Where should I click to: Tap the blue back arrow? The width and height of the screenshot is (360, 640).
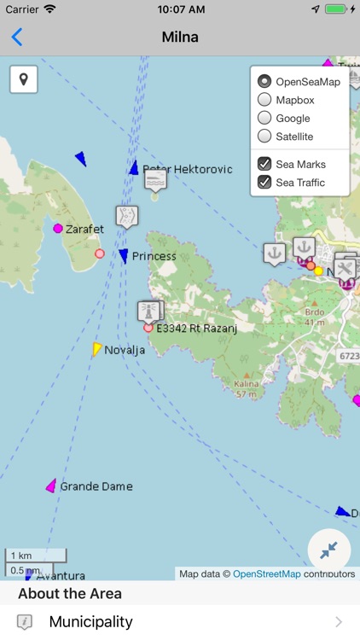(17, 37)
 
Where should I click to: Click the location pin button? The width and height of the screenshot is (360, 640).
(24, 79)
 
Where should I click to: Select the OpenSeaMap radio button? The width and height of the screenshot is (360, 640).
(264, 82)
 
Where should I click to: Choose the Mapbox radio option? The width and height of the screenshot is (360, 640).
(264, 100)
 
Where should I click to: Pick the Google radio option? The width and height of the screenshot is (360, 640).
(264, 119)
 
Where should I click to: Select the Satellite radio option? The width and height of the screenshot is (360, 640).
(264, 137)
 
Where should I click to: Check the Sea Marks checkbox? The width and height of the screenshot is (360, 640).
(264, 164)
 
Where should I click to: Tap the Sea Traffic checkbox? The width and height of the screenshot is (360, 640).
(264, 182)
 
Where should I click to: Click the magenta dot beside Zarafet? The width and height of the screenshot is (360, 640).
(58, 229)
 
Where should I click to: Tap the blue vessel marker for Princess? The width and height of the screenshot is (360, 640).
(124, 256)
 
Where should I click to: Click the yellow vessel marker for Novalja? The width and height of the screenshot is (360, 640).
(97, 348)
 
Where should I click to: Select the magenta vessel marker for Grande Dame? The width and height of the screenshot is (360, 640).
(51, 486)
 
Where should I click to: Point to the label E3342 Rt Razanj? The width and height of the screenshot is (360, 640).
(196, 328)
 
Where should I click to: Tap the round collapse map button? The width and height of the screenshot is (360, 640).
(329, 550)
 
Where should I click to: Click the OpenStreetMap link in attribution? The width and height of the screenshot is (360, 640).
(266, 574)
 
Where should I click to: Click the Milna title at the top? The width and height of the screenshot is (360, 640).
(180, 37)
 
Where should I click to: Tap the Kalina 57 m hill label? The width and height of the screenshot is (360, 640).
(246, 389)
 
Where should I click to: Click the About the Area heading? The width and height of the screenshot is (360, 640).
(70, 594)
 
